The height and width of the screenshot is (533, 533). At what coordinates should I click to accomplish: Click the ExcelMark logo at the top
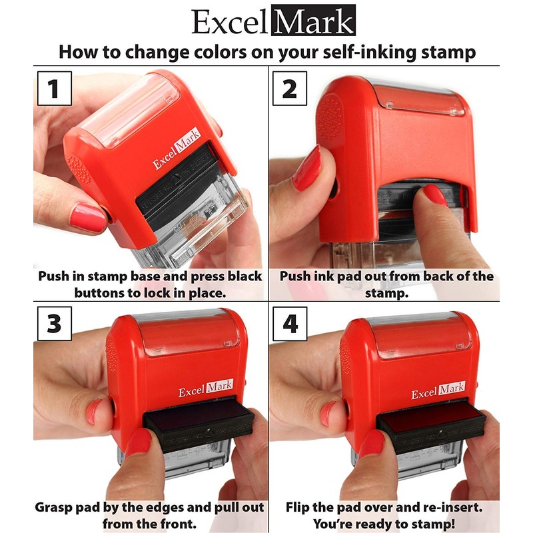click(273, 21)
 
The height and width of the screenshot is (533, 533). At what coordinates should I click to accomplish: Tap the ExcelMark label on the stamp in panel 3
click(205, 389)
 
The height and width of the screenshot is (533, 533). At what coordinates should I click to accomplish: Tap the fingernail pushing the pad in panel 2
click(435, 194)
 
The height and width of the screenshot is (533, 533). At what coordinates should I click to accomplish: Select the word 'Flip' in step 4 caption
click(298, 508)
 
